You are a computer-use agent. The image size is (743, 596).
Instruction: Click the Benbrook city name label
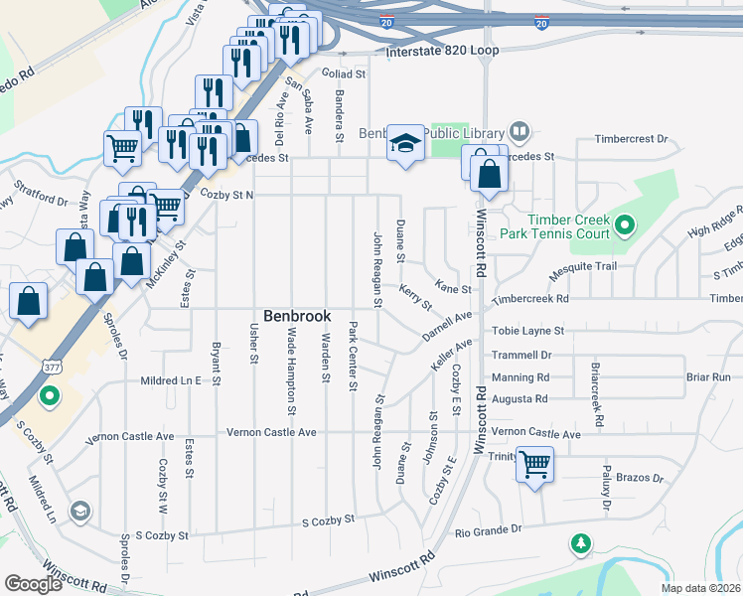click(x=296, y=315)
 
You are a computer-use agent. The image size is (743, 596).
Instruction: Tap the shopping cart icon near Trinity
click(x=534, y=464)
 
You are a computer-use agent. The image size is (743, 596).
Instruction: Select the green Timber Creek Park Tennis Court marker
click(x=624, y=226)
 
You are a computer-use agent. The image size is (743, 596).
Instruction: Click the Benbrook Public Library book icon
click(x=519, y=131)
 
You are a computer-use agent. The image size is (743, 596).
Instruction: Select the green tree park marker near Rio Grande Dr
click(x=580, y=543)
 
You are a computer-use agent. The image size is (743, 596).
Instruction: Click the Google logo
click(x=33, y=583)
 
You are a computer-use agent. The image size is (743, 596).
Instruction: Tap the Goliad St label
click(x=345, y=74)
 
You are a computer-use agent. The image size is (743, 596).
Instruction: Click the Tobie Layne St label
click(x=527, y=331)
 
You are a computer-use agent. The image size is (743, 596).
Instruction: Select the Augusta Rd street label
click(x=520, y=398)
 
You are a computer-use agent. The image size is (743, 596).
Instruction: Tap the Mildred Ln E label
click(x=171, y=380)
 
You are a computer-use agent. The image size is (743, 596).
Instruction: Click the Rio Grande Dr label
click(x=488, y=530)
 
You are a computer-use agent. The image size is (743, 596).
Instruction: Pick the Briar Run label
click(x=707, y=377)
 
